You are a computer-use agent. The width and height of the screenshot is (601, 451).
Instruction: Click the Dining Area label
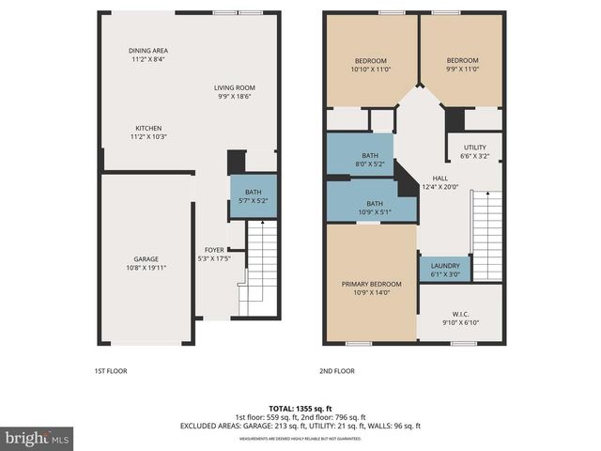coord(148,51)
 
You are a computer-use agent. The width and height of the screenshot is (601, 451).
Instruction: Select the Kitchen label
coord(148,128)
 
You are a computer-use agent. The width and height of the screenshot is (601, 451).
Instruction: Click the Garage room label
coord(146,258)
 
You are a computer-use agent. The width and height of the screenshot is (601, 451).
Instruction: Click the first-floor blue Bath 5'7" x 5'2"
coord(254,196)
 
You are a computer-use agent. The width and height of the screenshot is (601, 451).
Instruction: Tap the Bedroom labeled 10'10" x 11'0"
coord(370,61)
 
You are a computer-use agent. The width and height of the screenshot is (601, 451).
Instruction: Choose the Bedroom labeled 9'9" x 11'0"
coord(462,61)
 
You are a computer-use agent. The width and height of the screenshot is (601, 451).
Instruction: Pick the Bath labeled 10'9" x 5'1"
coord(375,204)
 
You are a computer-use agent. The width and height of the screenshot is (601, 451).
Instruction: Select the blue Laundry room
coord(444,270)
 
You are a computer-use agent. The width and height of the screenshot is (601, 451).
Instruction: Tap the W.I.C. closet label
coord(460,315)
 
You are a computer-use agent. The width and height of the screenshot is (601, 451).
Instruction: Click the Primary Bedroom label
coord(370,284)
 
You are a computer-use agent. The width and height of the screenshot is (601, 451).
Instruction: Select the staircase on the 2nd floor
coord(486,235)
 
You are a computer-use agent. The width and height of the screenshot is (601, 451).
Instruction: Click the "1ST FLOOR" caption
coord(111,371)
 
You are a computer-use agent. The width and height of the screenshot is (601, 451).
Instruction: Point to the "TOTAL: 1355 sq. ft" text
coord(300,407)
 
